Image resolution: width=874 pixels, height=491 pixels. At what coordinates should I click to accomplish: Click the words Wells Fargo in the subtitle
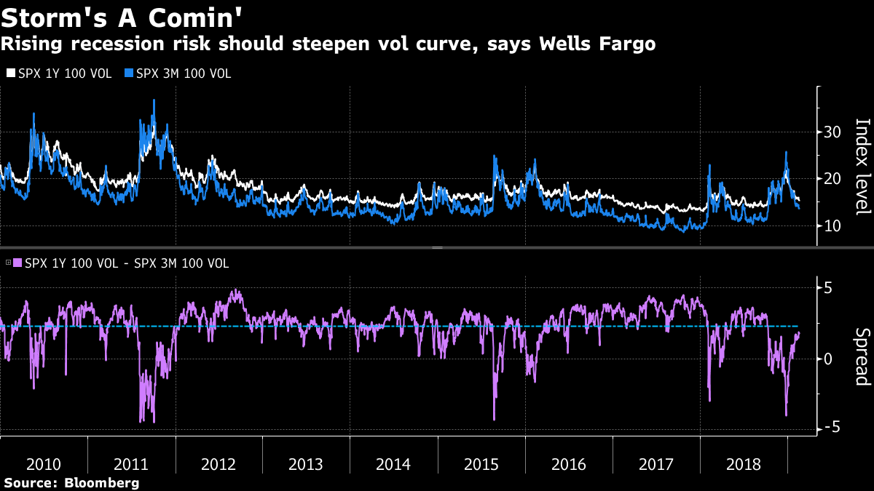coord(597,44)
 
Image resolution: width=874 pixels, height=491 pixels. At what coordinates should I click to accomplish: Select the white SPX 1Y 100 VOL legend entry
coord(59,73)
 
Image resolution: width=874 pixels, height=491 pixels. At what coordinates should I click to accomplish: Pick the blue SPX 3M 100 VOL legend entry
coord(178,73)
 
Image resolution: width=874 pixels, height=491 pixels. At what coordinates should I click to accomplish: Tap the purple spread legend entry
coord(121,263)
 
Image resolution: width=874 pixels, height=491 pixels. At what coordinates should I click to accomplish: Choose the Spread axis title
coord(862,356)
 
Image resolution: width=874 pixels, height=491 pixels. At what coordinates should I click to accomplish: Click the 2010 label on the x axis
coord(44,464)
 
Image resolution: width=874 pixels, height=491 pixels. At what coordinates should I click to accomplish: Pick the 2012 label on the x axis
coord(219,464)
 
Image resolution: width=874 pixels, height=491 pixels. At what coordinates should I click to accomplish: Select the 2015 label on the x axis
coord(481,464)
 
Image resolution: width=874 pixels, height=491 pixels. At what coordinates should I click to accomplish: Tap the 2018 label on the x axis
coord(743,464)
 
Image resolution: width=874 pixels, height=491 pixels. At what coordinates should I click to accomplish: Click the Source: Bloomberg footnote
coord(71,482)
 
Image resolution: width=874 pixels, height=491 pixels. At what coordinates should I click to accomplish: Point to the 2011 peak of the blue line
coord(154,100)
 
